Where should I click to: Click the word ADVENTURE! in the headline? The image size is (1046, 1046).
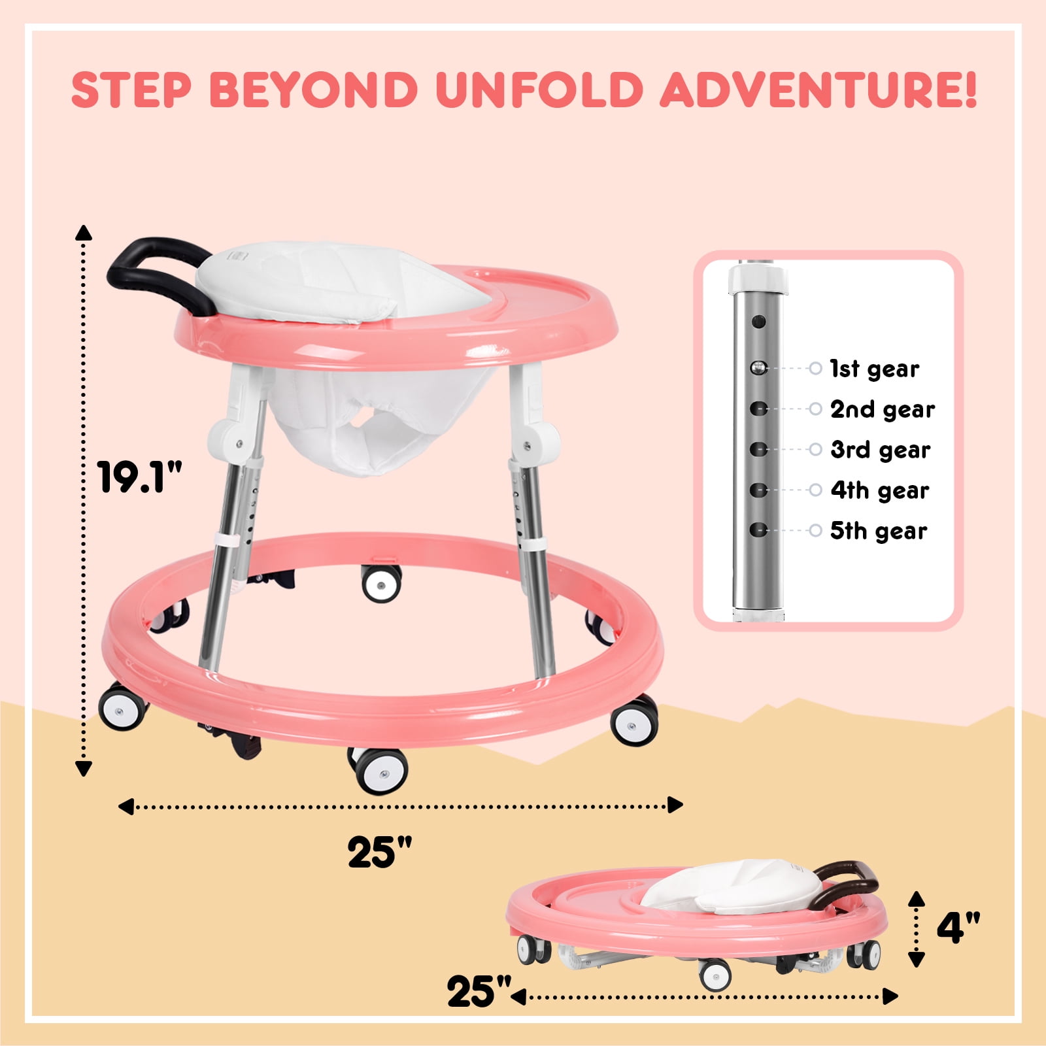(x=818, y=90)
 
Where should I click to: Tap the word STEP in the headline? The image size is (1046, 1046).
(x=131, y=90)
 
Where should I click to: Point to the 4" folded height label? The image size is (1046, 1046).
(x=958, y=927)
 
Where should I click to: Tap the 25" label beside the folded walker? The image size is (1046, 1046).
(x=479, y=992)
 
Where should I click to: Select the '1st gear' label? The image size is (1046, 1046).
(x=875, y=369)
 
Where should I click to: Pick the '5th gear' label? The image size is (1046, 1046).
(x=879, y=531)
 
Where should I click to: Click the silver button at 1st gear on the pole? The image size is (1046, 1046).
(x=758, y=368)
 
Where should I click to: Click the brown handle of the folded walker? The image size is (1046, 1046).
(x=847, y=883)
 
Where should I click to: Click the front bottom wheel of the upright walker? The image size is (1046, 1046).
(x=381, y=772)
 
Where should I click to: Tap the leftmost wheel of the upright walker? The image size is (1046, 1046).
(x=123, y=707)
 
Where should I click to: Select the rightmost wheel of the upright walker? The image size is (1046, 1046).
(x=634, y=720)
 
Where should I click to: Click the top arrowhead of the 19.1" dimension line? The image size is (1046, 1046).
(x=84, y=232)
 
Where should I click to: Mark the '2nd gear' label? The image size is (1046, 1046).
(x=883, y=410)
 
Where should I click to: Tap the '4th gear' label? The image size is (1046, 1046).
(x=880, y=491)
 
